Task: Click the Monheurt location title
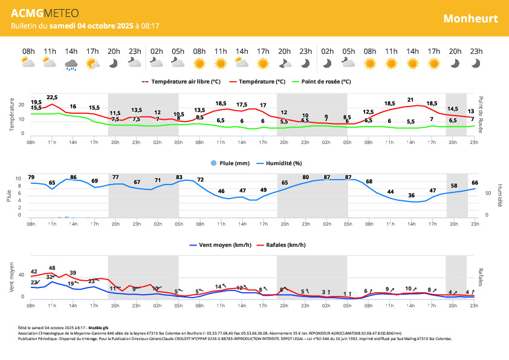pos(470,18)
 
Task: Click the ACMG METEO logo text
pos(45,14)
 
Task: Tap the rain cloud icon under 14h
pos(71,64)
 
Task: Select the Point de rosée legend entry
pos(321,81)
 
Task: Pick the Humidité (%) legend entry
pos(280,163)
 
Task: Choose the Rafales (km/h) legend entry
pos(279,245)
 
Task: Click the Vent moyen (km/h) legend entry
pos(221,245)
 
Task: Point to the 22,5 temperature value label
pos(52,97)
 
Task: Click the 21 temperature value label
pos(410,100)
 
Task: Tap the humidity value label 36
pos(412,195)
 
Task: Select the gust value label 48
pos(52,268)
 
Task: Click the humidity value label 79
pos(31,177)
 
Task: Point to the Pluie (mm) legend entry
pos(231,163)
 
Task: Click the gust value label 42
pos(34,272)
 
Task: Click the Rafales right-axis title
pos(481,277)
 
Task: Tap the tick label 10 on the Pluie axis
pos(18,179)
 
